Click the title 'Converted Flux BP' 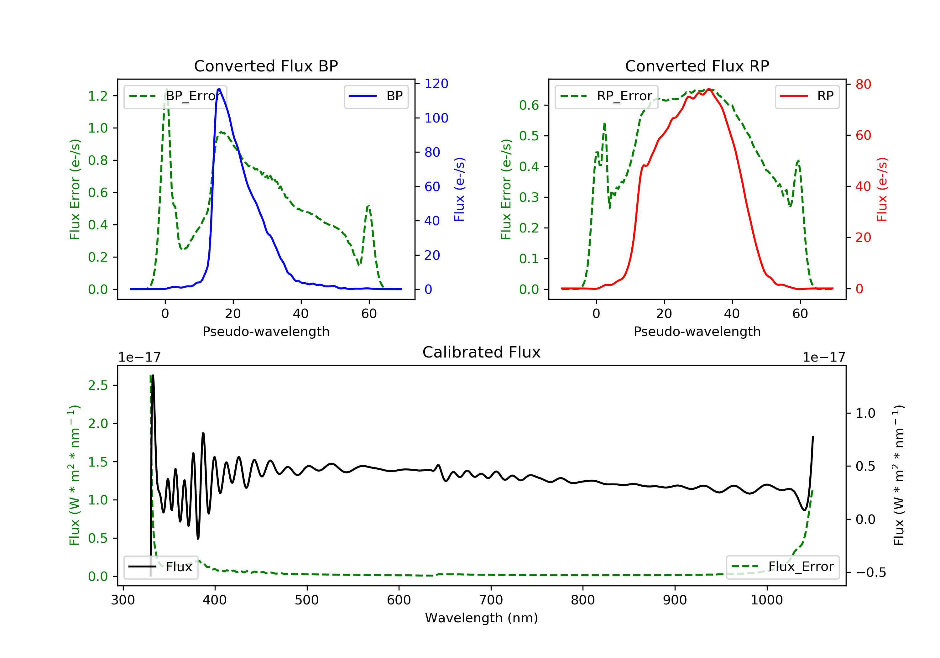266,66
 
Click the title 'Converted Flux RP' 697,66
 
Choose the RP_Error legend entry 606,96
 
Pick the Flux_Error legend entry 782,567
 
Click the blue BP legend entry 376,96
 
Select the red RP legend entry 807,96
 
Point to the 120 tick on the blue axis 436,84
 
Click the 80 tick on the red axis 863,84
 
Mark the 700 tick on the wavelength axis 491,600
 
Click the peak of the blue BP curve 219,89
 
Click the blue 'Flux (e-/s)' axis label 459,190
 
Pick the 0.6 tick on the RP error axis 529,105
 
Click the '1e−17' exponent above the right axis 823,358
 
